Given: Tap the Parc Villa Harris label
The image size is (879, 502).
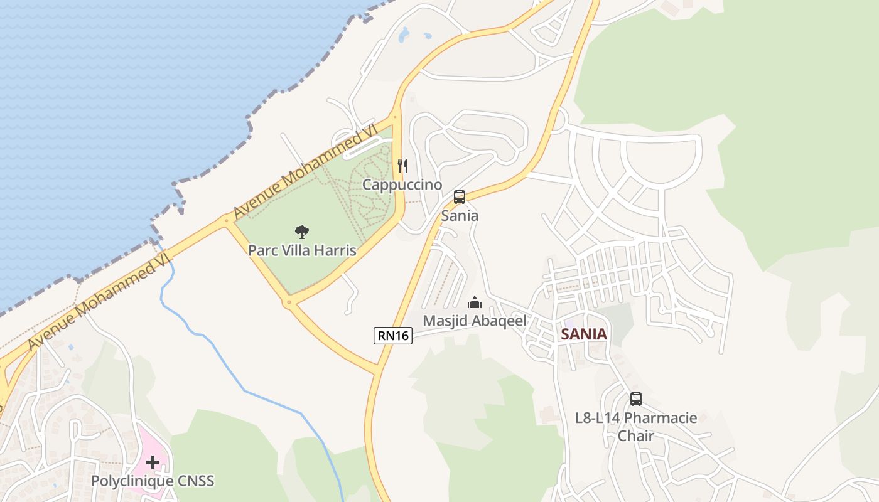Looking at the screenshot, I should pos(302,250).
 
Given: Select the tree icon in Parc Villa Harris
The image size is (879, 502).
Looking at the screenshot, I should pos(302,232).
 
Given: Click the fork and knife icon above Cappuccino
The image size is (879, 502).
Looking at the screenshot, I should pos(402,166).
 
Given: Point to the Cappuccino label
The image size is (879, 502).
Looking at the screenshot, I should pos(402,184).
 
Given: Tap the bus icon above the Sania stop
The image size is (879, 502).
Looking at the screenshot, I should pos(460,197).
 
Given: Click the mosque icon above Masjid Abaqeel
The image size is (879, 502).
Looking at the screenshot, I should pos(475,303).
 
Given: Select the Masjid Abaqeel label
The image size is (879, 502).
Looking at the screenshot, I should pos(474,321).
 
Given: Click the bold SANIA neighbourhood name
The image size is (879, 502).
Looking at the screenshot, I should pos(584,334).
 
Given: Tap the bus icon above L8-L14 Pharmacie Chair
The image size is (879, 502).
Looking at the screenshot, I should pos(636,399).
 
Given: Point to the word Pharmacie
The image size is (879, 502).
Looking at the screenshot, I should pos(661,418).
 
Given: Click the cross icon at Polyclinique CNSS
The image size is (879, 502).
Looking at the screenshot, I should pos(152,463).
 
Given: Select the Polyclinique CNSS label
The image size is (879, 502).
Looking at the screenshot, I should pos(153,481).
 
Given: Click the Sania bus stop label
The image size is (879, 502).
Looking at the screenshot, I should pos(460,216).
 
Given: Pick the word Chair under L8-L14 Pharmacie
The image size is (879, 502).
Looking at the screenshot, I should pos(636,435).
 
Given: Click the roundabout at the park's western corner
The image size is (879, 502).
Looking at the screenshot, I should pos(227,220).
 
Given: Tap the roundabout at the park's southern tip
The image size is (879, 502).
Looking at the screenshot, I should pos(289,302).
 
